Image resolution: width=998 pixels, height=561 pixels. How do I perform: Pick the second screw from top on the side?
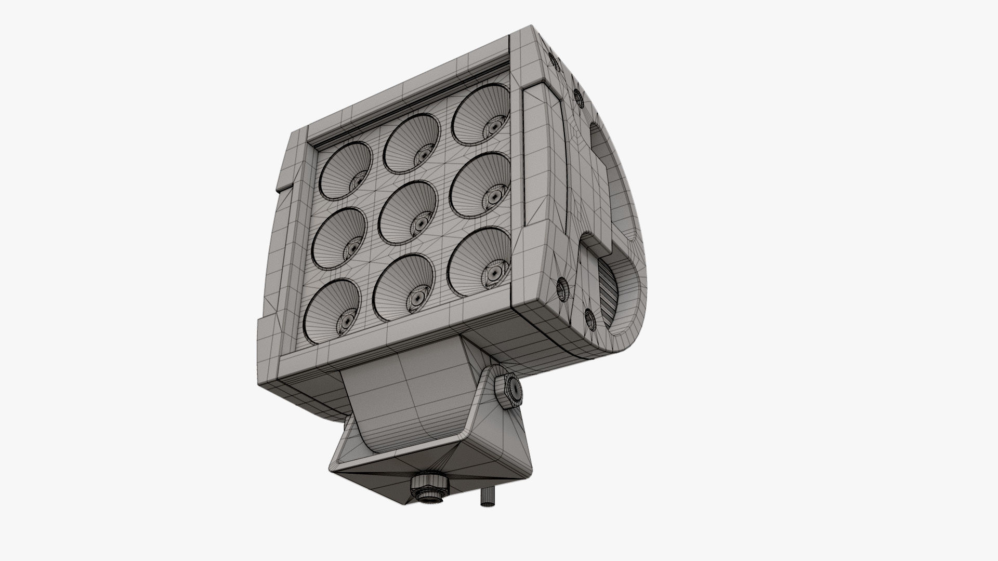(x=577, y=96)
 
